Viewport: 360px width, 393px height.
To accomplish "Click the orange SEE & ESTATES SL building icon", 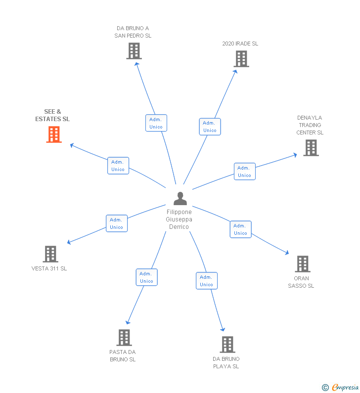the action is click(54, 134).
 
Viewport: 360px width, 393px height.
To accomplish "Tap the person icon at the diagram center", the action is click(180, 199).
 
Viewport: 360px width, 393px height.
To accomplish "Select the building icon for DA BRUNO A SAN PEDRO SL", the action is click(134, 51).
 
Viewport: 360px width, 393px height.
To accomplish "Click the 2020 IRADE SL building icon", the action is click(241, 59).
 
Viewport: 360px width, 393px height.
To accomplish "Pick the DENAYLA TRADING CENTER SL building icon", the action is click(311, 148).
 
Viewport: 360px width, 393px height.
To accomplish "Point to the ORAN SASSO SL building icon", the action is click(303, 264).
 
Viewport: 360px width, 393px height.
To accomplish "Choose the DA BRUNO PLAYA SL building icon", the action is click(227, 345).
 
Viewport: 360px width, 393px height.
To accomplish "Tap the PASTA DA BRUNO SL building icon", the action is click(124, 338).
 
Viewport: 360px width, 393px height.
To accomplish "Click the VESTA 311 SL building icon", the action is click(50, 254).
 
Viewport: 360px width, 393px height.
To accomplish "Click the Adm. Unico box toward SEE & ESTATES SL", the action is click(118, 166).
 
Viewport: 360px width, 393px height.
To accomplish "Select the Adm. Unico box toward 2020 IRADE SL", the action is click(210, 127).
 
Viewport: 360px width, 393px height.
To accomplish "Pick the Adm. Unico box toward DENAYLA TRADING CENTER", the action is click(245, 171).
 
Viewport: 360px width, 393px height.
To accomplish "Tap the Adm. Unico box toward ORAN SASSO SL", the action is click(241, 229).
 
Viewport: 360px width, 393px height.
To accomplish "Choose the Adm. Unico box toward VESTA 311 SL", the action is click(117, 223).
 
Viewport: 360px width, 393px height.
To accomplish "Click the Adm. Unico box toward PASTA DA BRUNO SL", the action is click(146, 277).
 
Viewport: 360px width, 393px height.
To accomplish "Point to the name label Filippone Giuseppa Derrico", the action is click(179, 219).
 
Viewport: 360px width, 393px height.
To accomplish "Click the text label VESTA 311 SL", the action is click(49, 268).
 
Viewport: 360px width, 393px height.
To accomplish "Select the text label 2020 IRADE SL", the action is click(240, 44).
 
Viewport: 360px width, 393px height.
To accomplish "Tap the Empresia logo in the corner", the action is click(341, 387).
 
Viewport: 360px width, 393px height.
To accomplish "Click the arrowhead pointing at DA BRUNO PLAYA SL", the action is click(223, 329).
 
